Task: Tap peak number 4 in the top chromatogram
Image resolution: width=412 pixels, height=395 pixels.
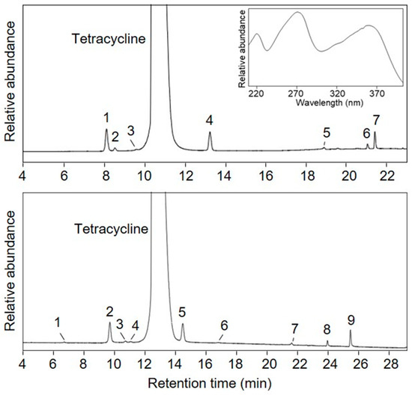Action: click(x=210, y=120)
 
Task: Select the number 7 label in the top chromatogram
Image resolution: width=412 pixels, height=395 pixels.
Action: click(x=375, y=120)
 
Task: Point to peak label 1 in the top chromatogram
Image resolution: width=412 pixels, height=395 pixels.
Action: click(x=106, y=117)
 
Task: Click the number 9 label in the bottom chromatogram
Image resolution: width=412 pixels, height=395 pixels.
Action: click(x=351, y=320)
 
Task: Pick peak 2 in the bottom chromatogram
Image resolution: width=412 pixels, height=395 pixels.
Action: click(x=109, y=312)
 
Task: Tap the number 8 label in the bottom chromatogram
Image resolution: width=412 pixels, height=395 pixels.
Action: click(x=327, y=329)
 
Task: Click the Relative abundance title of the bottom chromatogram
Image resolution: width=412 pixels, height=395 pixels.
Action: click(x=10, y=277)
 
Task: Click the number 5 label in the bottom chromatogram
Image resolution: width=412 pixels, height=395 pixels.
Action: click(x=182, y=312)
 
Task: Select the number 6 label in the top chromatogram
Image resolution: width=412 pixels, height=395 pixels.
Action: click(x=366, y=133)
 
